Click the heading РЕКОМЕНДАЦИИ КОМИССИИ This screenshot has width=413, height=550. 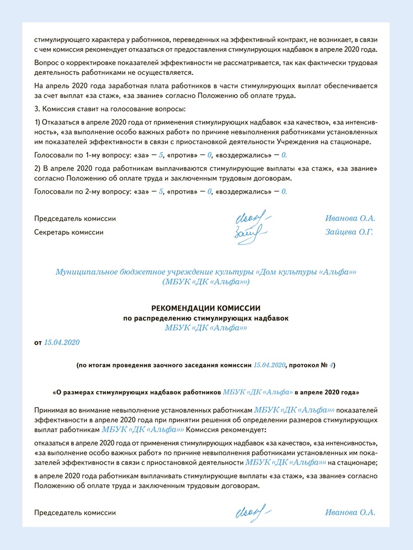pyautogui.click(x=206, y=308)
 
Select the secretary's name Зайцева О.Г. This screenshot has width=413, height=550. pyautogui.click(x=349, y=231)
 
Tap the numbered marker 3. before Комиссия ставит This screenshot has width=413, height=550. pyautogui.click(x=37, y=107)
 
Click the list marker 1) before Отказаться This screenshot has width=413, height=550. pyautogui.click(x=37, y=122)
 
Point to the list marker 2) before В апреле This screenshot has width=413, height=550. pyautogui.click(x=37, y=168)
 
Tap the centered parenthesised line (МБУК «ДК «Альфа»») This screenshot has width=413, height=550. pyautogui.click(x=206, y=282)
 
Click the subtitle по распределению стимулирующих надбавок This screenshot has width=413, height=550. pyautogui.click(x=206, y=318)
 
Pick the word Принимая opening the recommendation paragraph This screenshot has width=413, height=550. pyautogui.click(x=53, y=410)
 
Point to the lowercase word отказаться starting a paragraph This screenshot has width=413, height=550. pyautogui.click(x=53, y=443)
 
